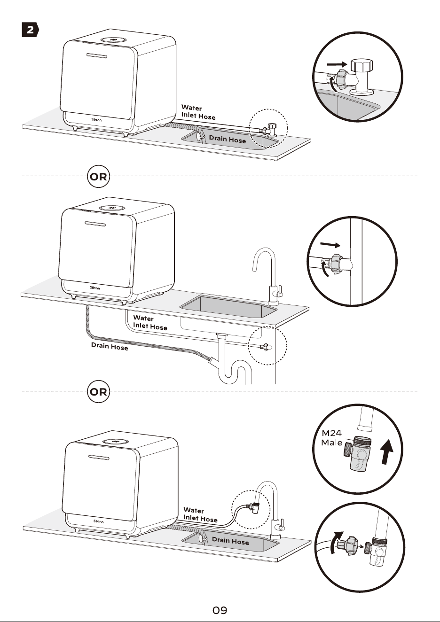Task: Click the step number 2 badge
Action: (x=30, y=30)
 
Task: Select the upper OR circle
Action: (x=99, y=176)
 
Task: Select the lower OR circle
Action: (x=99, y=391)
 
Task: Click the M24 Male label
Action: (x=332, y=438)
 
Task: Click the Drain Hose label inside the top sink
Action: (x=228, y=139)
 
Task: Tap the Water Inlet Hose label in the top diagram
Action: (x=198, y=112)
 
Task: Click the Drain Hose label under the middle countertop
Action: (x=110, y=346)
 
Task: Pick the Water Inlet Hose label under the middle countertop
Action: (x=150, y=322)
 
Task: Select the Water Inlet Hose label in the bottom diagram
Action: (x=200, y=514)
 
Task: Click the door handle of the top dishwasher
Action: (x=97, y=55)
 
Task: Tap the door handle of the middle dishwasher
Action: (x=95, y=223)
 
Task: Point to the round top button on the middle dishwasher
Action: (x=111, y=208)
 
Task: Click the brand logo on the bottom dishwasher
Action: (x=98, y=521)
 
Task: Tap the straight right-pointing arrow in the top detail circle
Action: (x=337, y=64)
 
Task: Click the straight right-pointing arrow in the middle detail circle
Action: (x=330, y=245)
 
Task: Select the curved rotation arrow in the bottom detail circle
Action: (x=336, y=542)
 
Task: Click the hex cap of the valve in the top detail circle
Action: (x=361, y=65)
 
